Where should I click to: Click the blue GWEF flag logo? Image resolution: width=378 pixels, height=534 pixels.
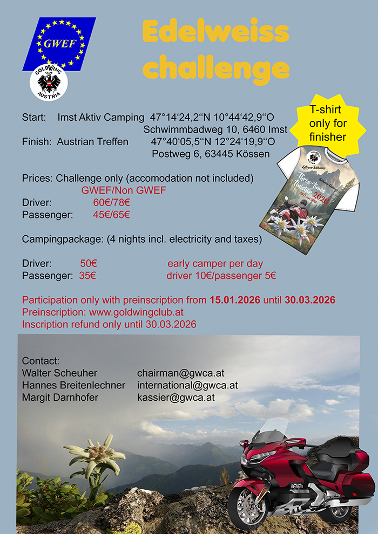tap(59, 44)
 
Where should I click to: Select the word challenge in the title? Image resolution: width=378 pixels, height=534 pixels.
tap(216, 69)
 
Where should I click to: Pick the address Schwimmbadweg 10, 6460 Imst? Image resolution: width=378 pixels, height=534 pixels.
tap(215, 129)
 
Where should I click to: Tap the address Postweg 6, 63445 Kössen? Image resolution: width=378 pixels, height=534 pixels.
tap(211, 154)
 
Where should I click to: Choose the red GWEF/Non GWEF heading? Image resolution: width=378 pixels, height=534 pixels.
tap(124, 190)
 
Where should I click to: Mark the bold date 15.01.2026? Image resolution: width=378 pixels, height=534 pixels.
tap(235, 300)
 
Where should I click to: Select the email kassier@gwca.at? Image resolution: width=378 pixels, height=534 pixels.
tap(176, 398)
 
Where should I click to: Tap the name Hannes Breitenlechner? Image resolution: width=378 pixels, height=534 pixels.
tap(73, 385)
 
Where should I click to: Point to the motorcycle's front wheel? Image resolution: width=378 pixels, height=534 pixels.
tap(248, 506)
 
